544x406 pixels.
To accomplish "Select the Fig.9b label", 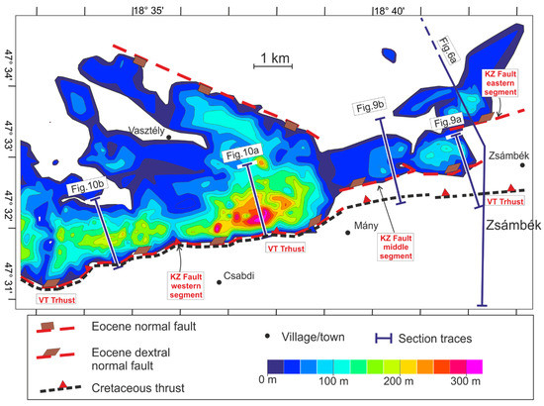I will tap(368, 107).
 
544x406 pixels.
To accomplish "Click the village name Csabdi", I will tap(240, 277).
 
